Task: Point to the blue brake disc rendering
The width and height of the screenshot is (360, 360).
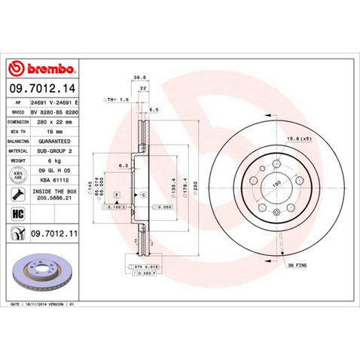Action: point(40,271)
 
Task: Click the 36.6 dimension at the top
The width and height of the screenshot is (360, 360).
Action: point(139,77)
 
